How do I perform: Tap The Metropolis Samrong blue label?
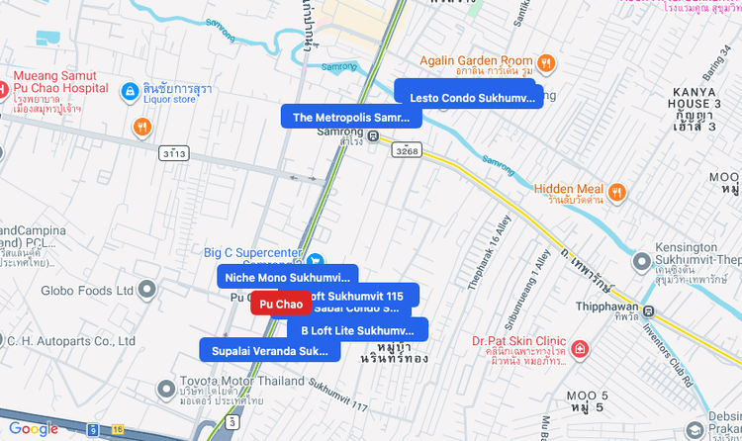pyautogui.click(x=351, y=117)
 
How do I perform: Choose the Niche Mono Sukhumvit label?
pyautogui.click(x=287, y=277)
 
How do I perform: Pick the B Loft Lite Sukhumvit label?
pyautogui.click(x=357, y=330)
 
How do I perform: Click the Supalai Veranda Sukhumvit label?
pyautogui.click(x=269, y=350)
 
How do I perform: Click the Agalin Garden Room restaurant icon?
pyautogui.click(x=546, y=62)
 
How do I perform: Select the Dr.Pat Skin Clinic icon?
pyautogui.click(x=580, y=350)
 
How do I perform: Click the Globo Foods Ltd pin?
pyautogui.click(x=147, y=291)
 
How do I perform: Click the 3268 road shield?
pyautogui.click(x=406, y=150)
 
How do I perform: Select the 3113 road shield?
pyautogui.click(x=173, y=154)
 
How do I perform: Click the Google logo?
pyautogui.click(x=34, y=428)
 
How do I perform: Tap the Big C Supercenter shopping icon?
pyautogui.click(x=315, y=261)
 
